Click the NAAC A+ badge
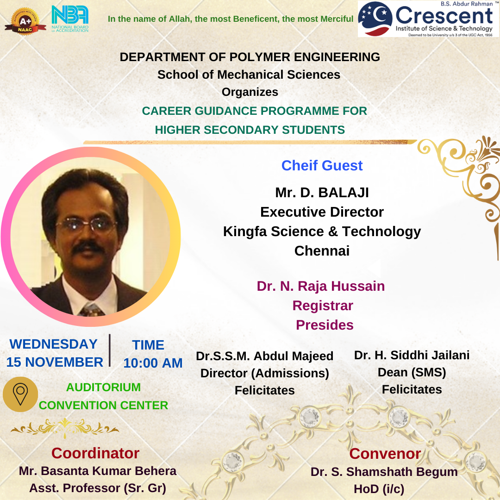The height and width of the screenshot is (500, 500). tap(25, 21)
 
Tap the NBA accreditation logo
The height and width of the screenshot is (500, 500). tap(70, 19)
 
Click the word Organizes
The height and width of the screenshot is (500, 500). tap(250, 92)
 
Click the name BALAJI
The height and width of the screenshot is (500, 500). tap(344, 193)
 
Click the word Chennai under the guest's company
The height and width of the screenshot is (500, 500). tap(322, 251)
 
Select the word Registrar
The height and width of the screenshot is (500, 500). tap(323, 306)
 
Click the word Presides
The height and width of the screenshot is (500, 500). tap(325, 325)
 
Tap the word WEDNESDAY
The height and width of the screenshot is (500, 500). tap(54, 344)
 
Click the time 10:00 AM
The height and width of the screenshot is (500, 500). tap(153, 363)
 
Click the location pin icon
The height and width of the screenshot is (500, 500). tap(20, 394)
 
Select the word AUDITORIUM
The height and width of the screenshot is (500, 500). tap(103, 387)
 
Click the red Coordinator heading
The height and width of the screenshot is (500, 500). tap(95, 453)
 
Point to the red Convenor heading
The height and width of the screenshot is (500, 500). tap(385, 454)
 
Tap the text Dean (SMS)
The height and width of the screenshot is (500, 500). tap(412, 372)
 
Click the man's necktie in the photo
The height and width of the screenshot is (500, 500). tap(92, 309)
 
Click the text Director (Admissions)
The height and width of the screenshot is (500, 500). tap(265, 374)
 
